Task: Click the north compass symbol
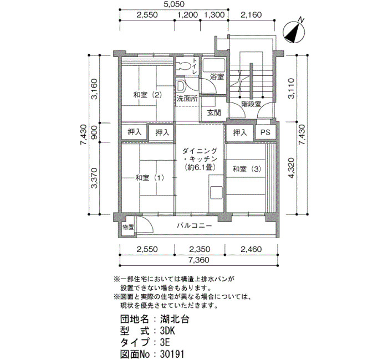click(x=294, y=32)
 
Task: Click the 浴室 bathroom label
click(x=217, y=76)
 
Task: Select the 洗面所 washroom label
click(x=187, y=99)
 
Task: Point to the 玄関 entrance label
click(x=214, y=112)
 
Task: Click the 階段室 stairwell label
click(x=251, y=104)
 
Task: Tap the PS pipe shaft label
click(x=266, y=132)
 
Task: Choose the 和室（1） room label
click(x=150, y=178)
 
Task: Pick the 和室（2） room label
click(x=147, y=95)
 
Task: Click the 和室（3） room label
click(x=247, y=169)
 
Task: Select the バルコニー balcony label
click(x=194, y=225)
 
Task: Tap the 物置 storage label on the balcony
click(x=128, y=227)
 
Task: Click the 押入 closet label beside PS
click(x=240, y=132)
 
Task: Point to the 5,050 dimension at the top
click(x=174, y=4)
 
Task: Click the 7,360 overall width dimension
click(x=198, y=260)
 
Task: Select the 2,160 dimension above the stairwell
click(x=251, y=15)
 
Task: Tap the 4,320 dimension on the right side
click(x=292, y=168)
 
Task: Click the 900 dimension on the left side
click(x=94, y=132)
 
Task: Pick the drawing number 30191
click(x=172, y=354)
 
